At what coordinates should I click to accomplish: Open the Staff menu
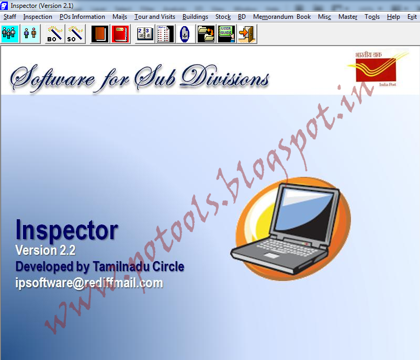9,17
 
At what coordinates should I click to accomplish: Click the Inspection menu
38,17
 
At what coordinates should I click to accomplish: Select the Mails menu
120,17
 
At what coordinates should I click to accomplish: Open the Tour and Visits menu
155,17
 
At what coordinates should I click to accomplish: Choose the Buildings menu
195,17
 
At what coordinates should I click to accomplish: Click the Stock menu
223,17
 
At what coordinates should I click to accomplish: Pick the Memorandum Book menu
282,17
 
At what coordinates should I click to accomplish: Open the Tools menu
372,17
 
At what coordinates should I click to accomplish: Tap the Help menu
393,17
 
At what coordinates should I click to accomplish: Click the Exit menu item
412,17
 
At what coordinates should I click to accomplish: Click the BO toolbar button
55,34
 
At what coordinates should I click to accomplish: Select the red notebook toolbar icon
120,34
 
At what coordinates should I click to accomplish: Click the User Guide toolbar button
226,34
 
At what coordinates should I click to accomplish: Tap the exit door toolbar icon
246,34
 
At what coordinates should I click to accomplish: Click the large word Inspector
67,230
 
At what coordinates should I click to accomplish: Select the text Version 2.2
49,250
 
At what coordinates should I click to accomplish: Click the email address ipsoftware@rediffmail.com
89,283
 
